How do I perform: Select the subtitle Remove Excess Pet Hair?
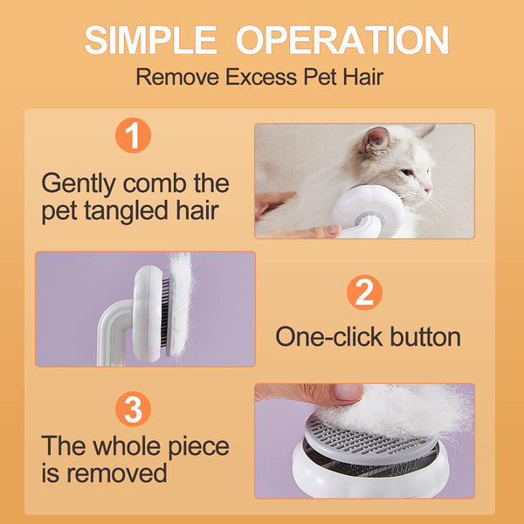click(259, 78)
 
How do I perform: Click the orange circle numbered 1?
click(133, 136)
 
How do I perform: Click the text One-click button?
click(368, 336)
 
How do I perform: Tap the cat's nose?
click(428, 189)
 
